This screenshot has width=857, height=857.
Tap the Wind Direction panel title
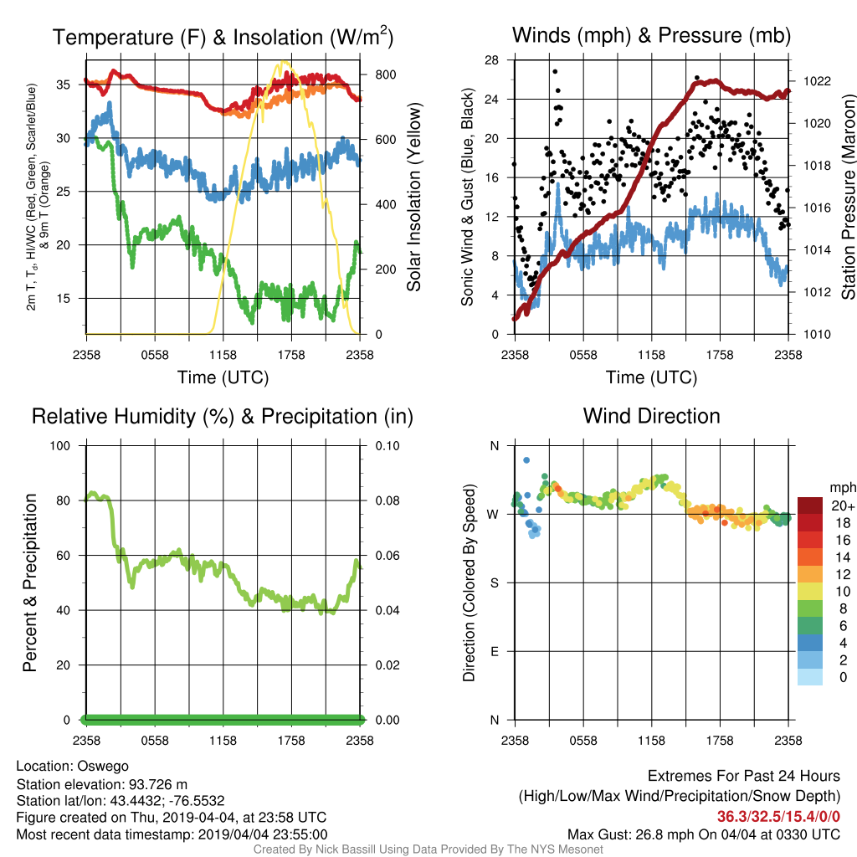651,416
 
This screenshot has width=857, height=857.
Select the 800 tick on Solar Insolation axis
385,74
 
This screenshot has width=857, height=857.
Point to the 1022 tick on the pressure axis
817,81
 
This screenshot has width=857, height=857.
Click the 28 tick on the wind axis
492,60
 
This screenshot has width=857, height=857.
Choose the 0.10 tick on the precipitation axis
387,446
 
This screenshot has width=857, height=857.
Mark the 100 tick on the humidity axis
60,446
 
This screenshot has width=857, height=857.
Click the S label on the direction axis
494,583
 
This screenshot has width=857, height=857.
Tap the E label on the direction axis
494,651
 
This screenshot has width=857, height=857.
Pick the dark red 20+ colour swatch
810,505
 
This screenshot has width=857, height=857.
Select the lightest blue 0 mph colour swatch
810,676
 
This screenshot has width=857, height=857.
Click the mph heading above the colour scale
842,488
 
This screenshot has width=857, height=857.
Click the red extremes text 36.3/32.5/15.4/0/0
778,817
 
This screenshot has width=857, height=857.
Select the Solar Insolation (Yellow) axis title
414,197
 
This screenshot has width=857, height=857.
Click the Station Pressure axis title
849,197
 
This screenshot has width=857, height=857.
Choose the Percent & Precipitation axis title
30,582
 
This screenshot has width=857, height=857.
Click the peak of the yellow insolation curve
283,62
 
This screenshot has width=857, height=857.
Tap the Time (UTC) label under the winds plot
651,377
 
